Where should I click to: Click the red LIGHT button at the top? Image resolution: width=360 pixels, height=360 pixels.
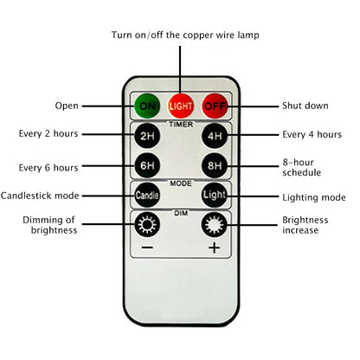coord(180,106)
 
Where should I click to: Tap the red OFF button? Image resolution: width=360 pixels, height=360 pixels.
coord(214,106)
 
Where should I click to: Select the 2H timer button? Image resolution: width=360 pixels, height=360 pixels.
coord(145,136)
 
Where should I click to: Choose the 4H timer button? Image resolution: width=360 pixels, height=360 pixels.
coord(214,136)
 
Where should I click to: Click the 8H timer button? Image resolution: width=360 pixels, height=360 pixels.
coord(214,166)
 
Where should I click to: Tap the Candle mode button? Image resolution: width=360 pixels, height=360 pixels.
coord(145,196)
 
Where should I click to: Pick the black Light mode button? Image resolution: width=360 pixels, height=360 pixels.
coord(214,196)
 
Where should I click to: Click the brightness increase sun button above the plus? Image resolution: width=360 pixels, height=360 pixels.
coord(214,227)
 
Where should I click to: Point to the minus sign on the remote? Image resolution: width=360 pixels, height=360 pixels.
coord(145,248)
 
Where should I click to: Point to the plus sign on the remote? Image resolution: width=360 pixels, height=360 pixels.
coord(214,248)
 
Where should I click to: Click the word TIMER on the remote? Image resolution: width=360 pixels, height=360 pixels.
coord(180,124)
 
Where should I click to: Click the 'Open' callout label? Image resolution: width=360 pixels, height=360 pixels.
coord(67,106)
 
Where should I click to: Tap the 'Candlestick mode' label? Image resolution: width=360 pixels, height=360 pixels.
coord(44,196)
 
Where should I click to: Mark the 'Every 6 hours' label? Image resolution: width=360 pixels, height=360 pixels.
coord(48,166)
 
